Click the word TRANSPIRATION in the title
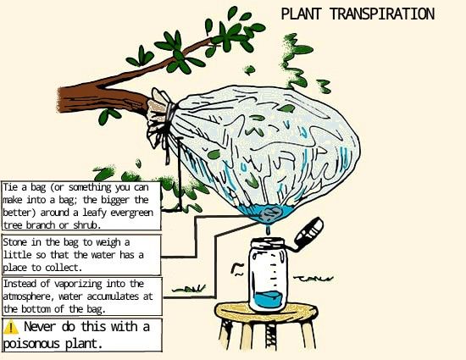tap(382, 14)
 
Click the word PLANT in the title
tap(301, 14)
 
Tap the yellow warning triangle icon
tap(11, 327)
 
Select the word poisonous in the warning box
tap(31, 344)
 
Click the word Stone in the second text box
tap(15, 242)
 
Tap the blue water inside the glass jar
tap(269, 299)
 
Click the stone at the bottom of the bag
tap(271, 213)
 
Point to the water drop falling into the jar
tap(269, 230)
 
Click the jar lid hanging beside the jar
tap(309, 232)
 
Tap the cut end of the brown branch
tap(61, 100)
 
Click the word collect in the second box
tap(63, 268)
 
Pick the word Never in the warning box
tap(40, 327)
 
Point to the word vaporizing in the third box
tap(78, 285)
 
